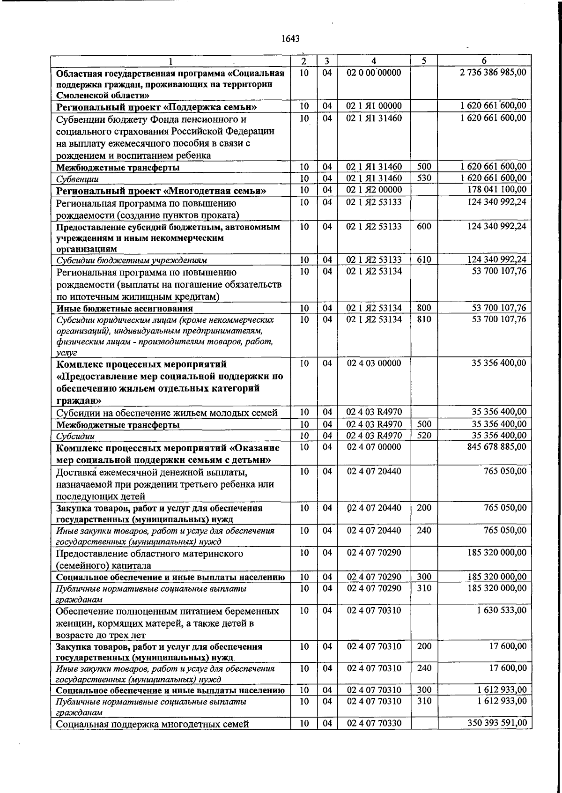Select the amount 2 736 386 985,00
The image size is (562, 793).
click(x=493, y=73)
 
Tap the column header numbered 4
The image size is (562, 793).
click(x=374, y=61)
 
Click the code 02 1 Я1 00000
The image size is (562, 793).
click(x=374, y=106)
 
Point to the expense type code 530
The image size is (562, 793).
click(x=424, y=178)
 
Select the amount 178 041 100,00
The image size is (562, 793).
click(x=497, y=189)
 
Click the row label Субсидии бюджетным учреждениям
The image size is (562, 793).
click(x=132, y=260)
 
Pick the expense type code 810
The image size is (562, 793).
click(x=424, y=319)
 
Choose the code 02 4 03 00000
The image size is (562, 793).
click(x=374, y=363)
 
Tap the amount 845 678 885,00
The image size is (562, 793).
click(x=496, y=447)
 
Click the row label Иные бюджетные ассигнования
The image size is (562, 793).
click(x=125, y=309)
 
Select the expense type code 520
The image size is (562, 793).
click(x=424, y=436)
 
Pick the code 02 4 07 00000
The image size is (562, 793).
click(x=374, y=447)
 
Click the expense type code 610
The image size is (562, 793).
click(x=424, y=259)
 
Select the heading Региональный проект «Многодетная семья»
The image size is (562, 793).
click(x=161, y=191)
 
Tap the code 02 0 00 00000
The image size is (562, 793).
click(x=374, y=73)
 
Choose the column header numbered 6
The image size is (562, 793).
click(x=484, y=61)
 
